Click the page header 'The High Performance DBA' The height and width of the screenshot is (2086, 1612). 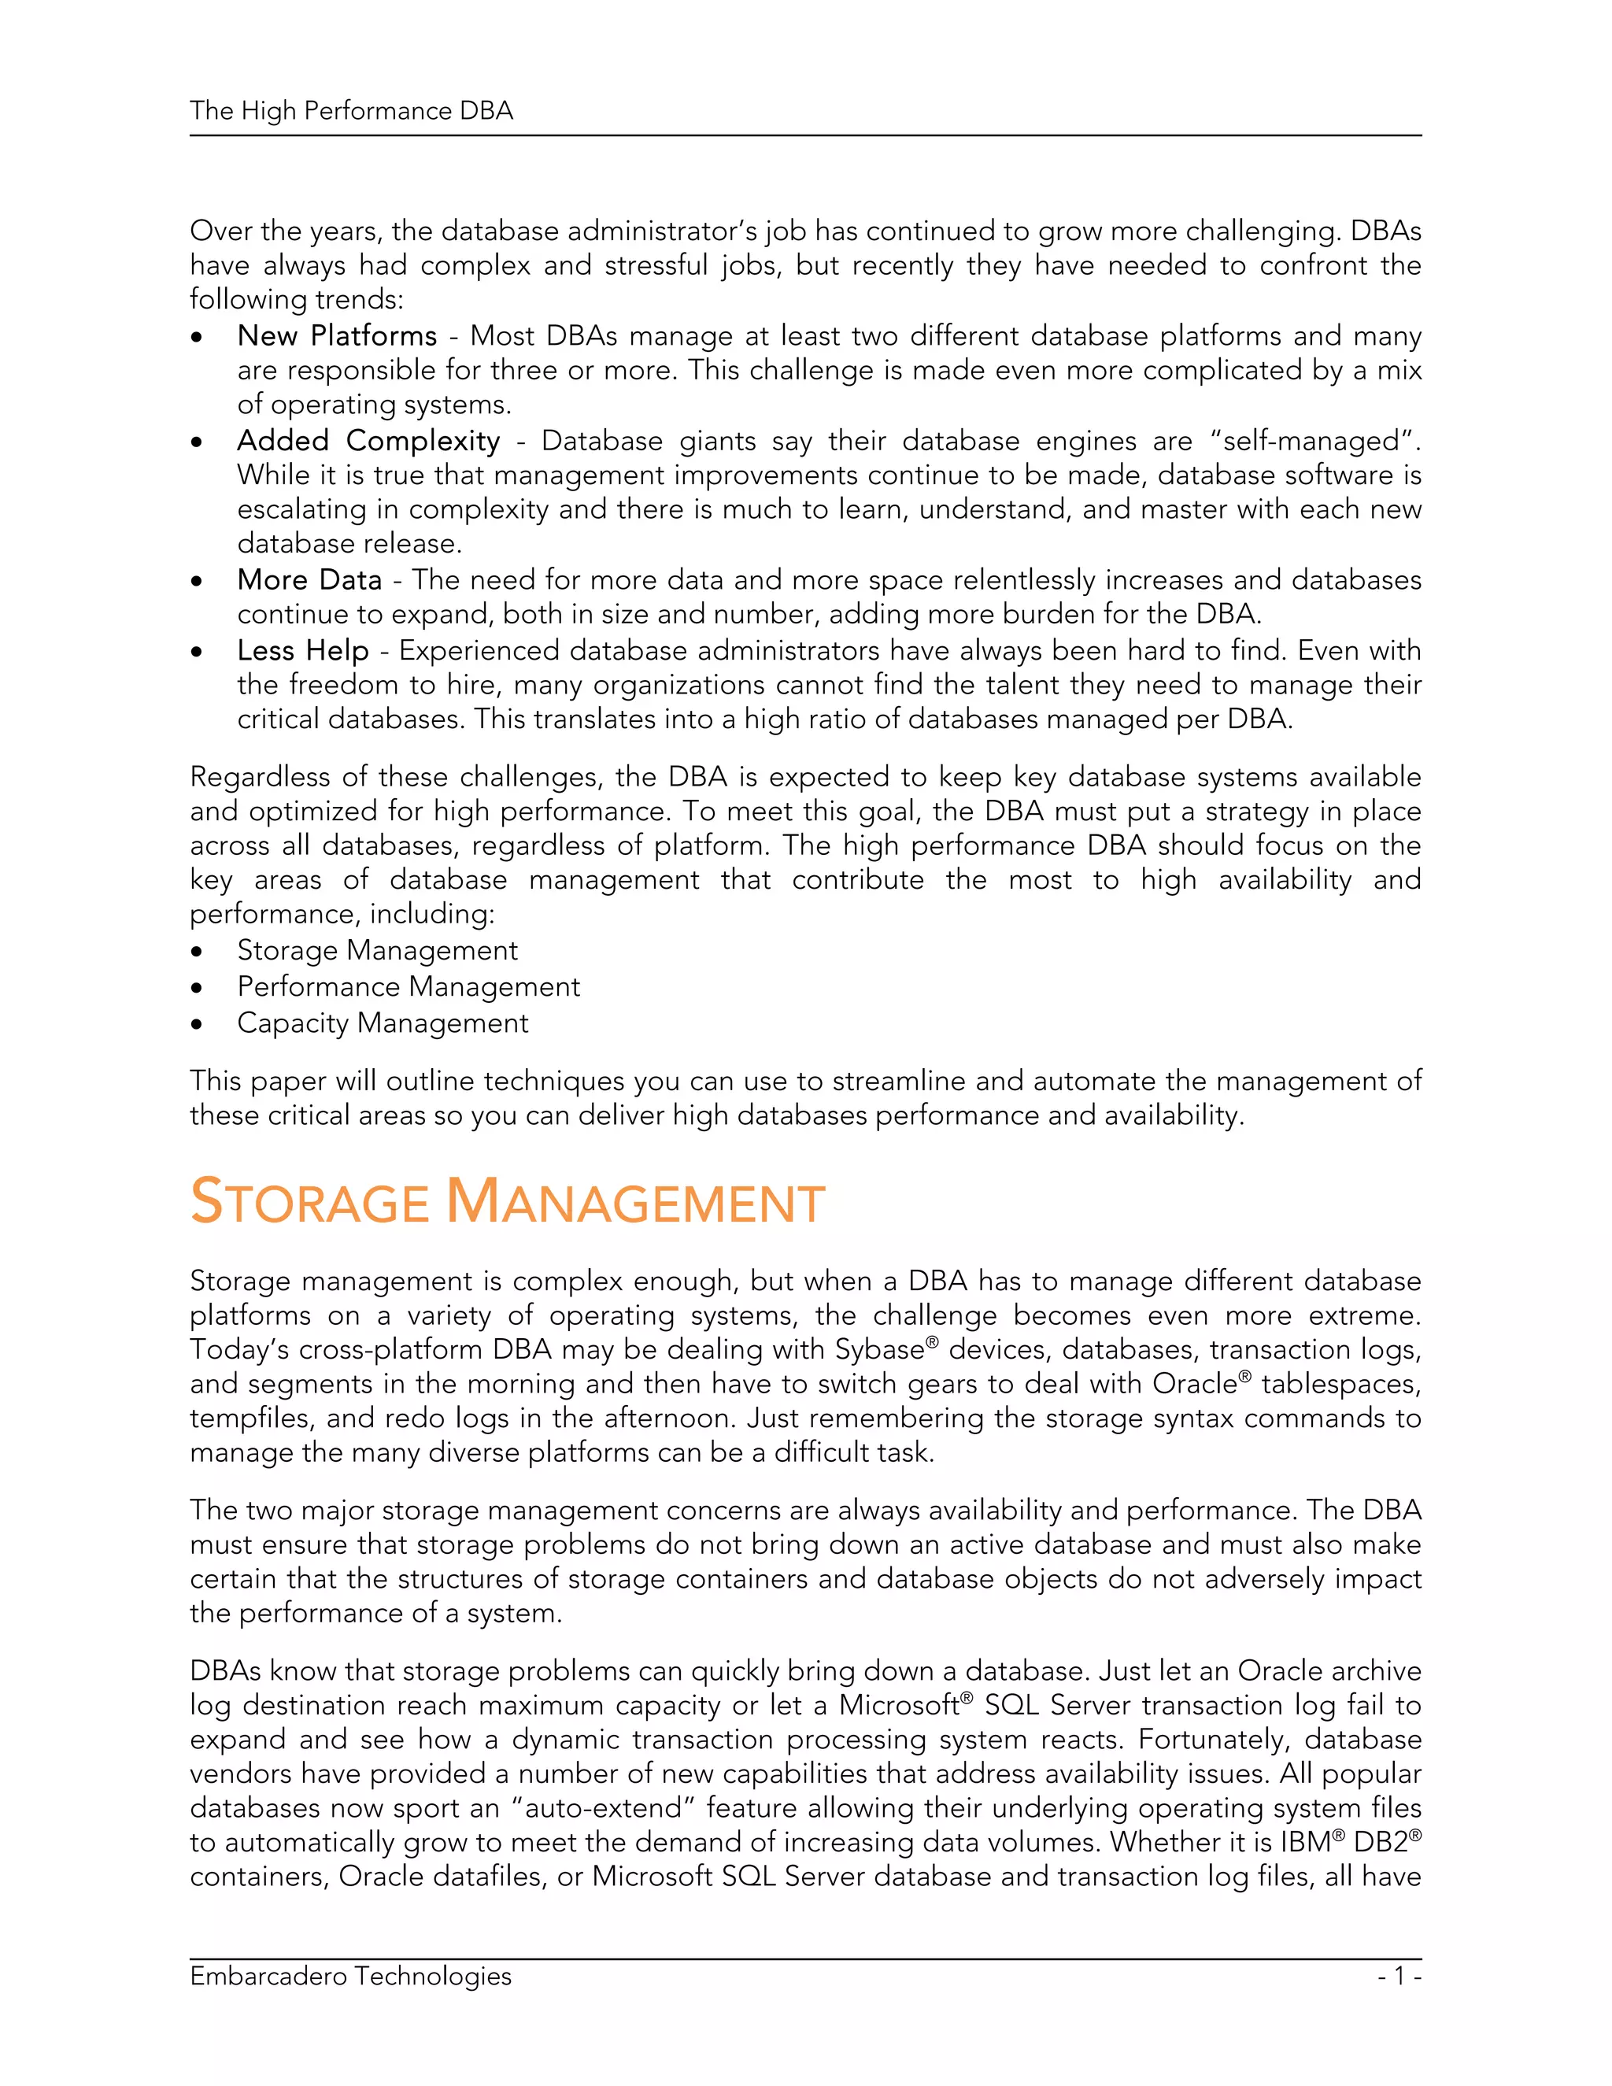pyautogui.click(x=351, y=111)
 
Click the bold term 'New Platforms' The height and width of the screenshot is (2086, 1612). pyautogui.click(x=336, y=336)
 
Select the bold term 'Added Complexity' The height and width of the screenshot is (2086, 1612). pyautogui.click(x=368, y=442)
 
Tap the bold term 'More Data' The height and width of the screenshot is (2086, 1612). pyautogui.click(x=309, y=580)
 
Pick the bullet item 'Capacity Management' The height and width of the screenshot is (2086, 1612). pyautogui.click(x=382, y=1023)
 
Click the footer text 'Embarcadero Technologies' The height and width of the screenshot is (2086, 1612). pyautogui.click(x=350, y=1976)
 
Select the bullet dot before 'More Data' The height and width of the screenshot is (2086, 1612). pyautogui.click(x=197, y=582)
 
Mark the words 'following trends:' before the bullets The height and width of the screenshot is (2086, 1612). pyautogui.click(x=297, y=300)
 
